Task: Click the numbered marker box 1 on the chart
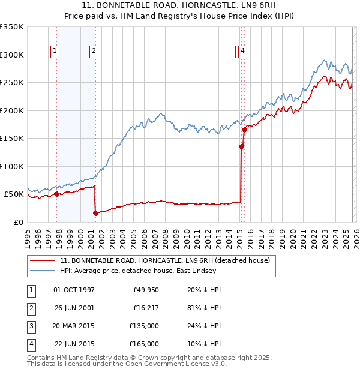tap(55, 52)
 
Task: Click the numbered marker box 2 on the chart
tap(94, 52)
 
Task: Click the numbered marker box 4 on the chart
tap(242, 52)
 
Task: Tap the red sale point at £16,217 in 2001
tap(95, 213)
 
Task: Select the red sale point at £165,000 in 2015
tap(244, 130)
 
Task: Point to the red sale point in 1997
tap(56, 194)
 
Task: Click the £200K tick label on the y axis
tap(12, 110)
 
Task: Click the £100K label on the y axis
tap(12, 166)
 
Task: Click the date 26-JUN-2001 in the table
tap(74, 308)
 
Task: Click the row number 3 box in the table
tap(30, 326)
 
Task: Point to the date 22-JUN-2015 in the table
tap(74, 344)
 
